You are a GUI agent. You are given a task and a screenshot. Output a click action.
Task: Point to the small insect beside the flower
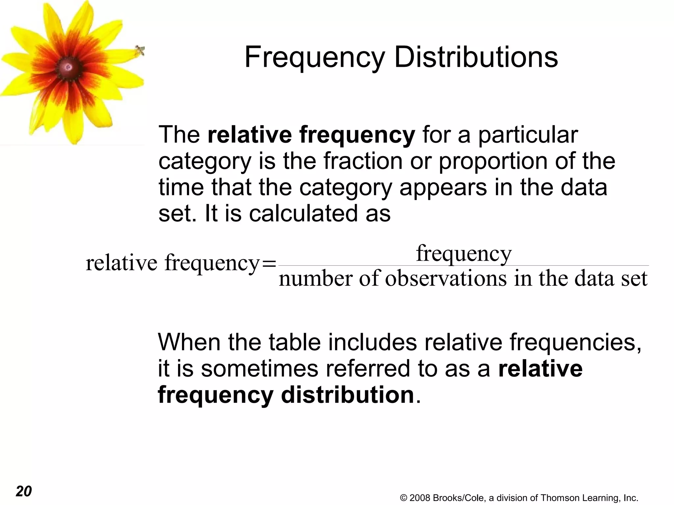tap(140, 51)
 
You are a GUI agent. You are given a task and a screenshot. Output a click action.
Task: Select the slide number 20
tap(24, 491)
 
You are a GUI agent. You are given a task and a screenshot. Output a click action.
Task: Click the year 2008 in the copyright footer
tap(420, 498)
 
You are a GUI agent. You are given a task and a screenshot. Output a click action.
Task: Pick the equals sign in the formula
tap(269, 264)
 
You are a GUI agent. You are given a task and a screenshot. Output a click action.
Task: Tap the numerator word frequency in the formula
tap(464, 253)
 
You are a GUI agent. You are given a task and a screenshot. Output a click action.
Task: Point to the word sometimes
tap(260, 369)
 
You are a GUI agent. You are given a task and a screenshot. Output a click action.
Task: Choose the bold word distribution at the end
tap(347, 395)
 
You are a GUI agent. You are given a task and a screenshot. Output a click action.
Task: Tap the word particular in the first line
tap(528, 135)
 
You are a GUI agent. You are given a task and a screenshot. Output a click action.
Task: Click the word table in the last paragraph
tap(295, 342)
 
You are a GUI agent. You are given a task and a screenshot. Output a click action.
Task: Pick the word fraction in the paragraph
tap(363, 161)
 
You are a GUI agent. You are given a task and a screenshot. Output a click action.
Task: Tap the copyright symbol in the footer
tap(403, 498)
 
